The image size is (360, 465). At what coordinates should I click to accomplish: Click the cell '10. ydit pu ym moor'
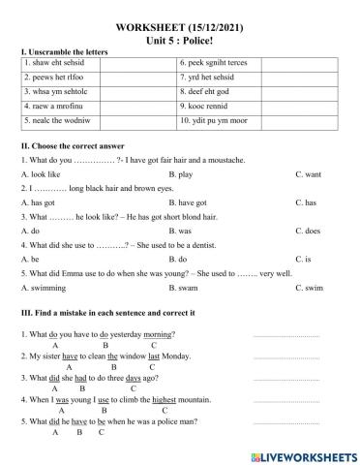click(218, 120)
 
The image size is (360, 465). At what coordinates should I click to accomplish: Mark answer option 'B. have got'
click(187, 203)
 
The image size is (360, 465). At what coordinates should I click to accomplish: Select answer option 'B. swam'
click(184, 289)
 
